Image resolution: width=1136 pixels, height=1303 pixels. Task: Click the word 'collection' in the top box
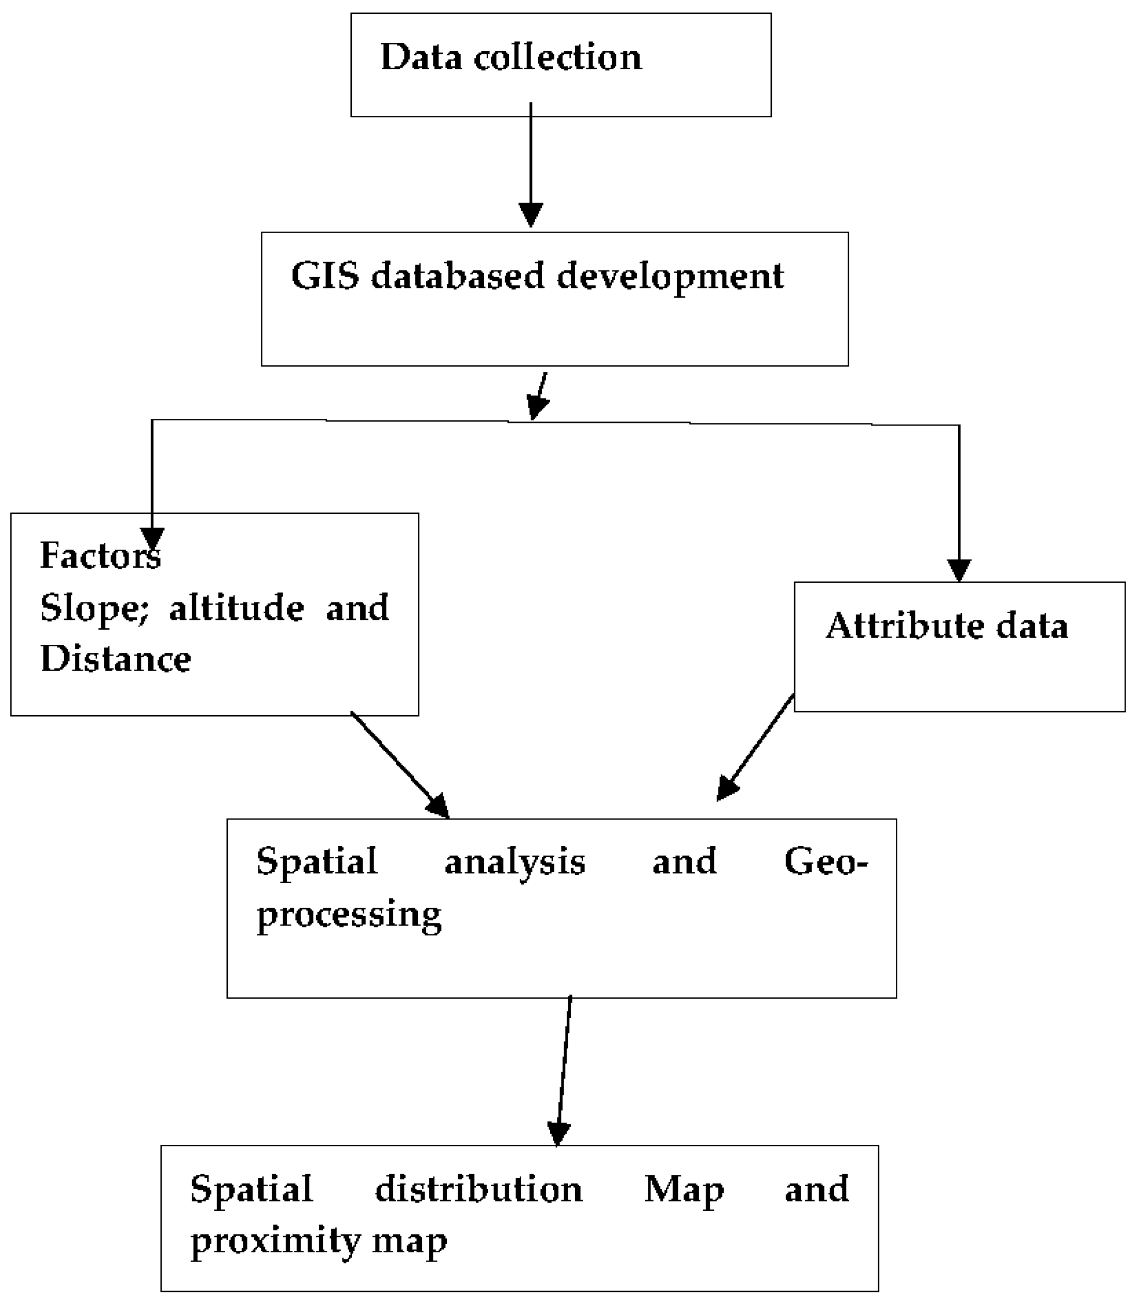click(558, 57)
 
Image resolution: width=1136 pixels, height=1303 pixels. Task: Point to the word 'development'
click(670, 277)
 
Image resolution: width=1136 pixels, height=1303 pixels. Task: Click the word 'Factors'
click(100, 555)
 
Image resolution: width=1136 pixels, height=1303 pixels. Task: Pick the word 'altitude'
click(237, 608)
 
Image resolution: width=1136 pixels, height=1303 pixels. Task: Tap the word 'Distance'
click(115, 658)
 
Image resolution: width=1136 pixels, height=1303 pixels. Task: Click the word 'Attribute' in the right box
click(905, 626)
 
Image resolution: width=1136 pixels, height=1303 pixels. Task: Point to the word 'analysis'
click(515, 861)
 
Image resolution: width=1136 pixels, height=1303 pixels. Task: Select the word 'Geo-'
click(826, 861)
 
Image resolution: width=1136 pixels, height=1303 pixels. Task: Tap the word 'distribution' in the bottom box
click(478, 1189)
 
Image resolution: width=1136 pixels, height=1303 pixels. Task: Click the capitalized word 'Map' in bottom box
click(684, 1189)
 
